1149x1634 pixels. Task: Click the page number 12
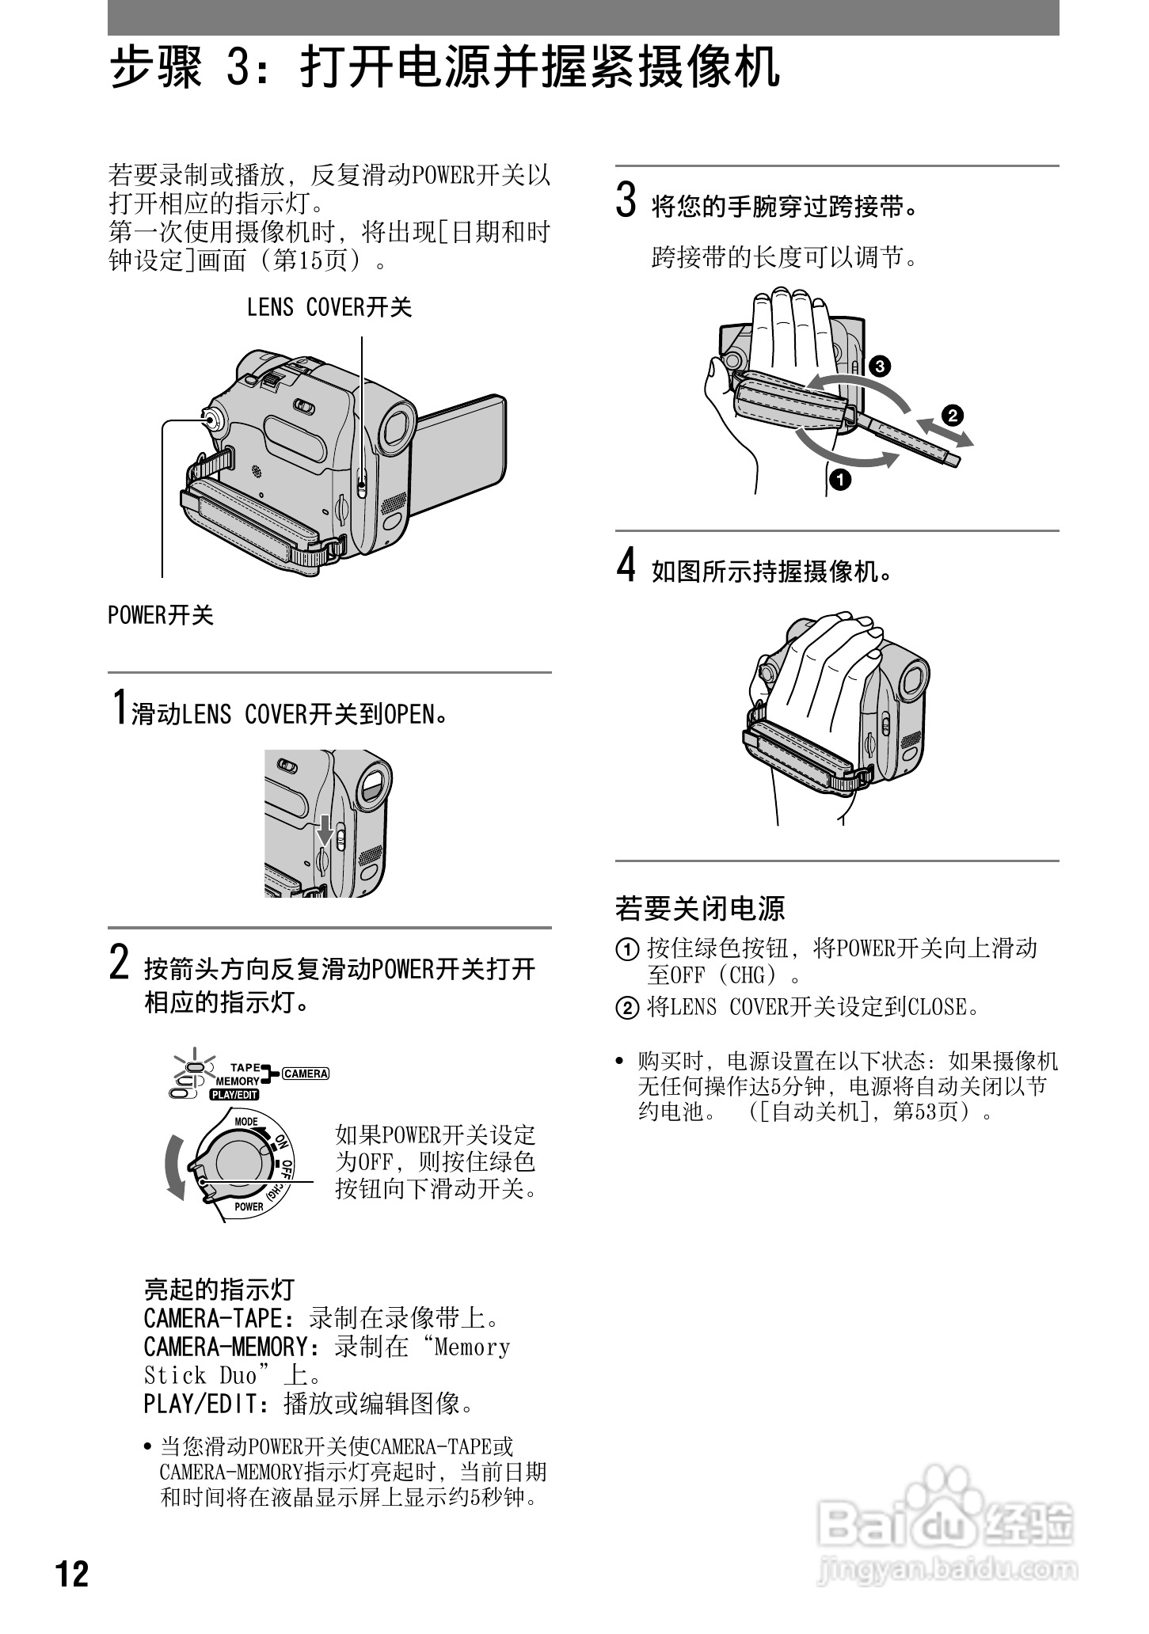(72, 1575)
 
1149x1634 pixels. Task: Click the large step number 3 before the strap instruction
(626, 199)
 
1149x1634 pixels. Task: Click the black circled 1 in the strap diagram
(839, 479)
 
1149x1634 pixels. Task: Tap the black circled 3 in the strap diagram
(879, 366)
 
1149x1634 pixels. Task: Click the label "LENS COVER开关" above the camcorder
(329, 307)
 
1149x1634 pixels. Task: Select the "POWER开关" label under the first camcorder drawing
(161, 615)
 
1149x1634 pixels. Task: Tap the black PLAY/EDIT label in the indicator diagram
(234, 1096)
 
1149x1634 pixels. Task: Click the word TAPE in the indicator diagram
(245, 1067)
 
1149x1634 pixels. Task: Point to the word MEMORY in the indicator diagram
(238, 1081)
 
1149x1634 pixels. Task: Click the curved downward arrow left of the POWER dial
(173, 1168)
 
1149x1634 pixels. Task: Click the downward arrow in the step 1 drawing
(325, 829)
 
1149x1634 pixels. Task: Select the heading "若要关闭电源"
(700, 908)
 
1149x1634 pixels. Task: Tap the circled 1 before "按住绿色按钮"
(627, 948)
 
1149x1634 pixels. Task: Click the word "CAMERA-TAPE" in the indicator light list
(213, 1319)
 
